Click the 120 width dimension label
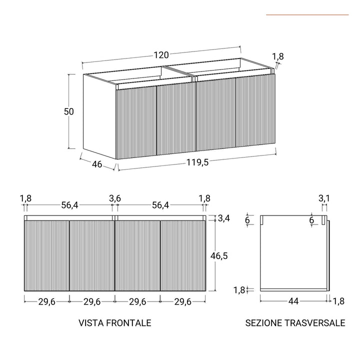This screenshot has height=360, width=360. tap(161, 55)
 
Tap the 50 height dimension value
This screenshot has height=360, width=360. tap(68, 111)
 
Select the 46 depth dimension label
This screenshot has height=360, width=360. tap(97, 164)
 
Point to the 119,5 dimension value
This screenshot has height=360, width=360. tap(197, 162)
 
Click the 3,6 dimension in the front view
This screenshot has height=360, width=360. tap(115, 198)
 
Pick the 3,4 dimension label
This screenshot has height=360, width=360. tap(224, 218)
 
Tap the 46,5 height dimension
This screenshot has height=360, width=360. tap(219, 255)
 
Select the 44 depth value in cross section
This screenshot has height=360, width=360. tap(293, 301)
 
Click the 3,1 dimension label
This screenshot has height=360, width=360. tap(324, 198)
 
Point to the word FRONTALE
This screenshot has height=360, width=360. tap(129, 323)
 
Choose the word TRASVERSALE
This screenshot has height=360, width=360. tap(315, 323)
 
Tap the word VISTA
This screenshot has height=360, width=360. tap(91, 323)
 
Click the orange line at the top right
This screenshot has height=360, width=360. tap(307, 15)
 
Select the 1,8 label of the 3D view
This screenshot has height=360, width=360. tap(278, 56)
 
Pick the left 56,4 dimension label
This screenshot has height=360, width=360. tap(70, 205)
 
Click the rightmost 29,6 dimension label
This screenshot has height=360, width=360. tap(183, 302)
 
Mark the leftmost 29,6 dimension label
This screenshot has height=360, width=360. tap(47, 302)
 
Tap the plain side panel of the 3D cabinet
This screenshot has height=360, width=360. tap(99, 116)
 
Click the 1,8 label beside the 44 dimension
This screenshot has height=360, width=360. tap(338, 301)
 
